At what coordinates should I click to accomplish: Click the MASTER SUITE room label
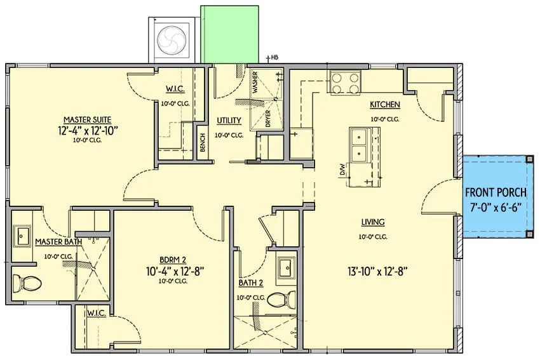88,120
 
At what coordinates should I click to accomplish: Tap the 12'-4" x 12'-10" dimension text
88,130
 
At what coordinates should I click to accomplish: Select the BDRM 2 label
173,260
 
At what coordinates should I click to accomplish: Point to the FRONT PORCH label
496,192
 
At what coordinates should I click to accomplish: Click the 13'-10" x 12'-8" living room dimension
377,272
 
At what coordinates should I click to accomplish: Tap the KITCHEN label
385,105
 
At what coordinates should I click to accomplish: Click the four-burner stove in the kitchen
344,83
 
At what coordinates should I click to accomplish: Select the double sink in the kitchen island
360,145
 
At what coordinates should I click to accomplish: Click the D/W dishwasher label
342,170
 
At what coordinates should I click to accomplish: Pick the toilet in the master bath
27,284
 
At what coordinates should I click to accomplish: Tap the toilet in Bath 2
281,299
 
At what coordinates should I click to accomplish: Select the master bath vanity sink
22,236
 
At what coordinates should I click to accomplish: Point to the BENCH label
203,142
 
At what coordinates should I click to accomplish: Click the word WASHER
255,83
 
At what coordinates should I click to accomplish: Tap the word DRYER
268,118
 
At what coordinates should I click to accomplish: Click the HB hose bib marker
274,57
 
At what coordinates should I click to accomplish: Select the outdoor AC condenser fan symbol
171,40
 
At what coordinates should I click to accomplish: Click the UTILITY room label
229,121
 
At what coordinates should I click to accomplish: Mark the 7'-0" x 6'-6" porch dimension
496,208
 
